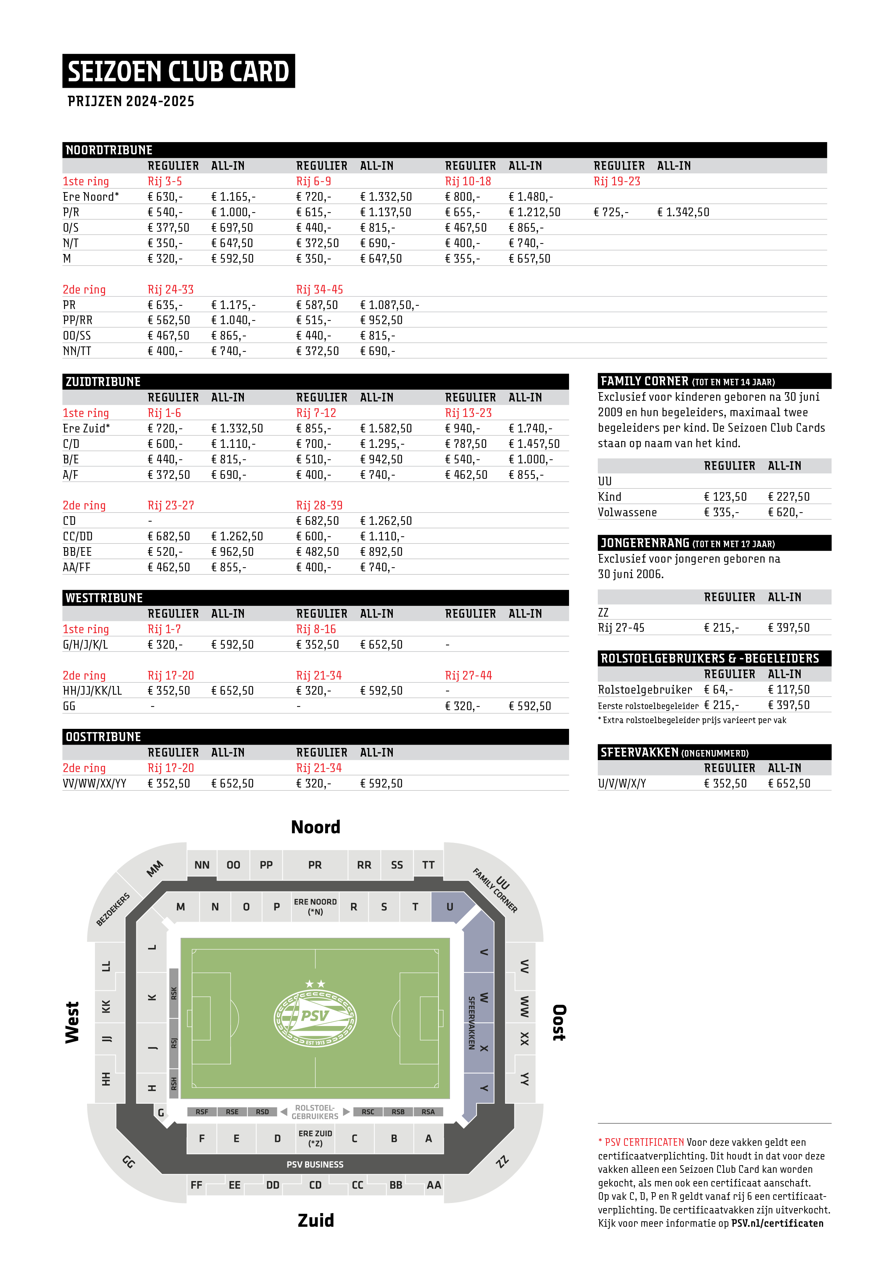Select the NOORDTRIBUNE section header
[109, 150]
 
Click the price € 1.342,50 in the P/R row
[683, 212]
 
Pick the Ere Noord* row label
[91, 197]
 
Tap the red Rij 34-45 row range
[319, 290]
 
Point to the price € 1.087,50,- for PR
[389, 305]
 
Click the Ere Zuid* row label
[86, 428]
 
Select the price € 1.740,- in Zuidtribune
[531, 428]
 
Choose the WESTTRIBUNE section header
[104, 598]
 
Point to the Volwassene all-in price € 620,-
[786, 512]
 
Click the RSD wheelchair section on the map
[262, 1112]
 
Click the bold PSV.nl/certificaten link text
[777, 1223]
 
